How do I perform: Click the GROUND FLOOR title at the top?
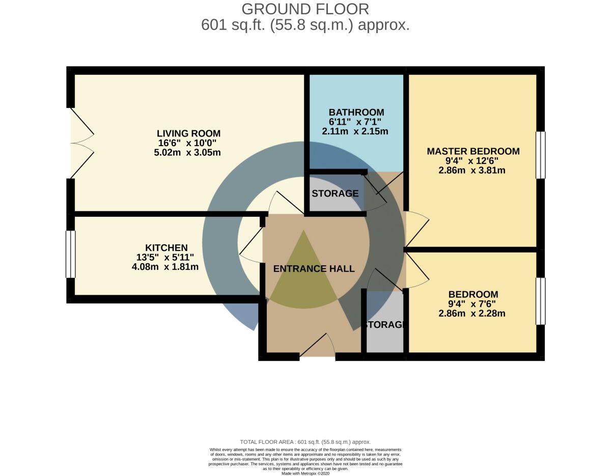pyautogui.click(x=305, y=9)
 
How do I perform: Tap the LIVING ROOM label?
pyautogui.click(x=188, y=133)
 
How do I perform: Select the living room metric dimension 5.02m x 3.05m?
pyautogui.click(x=187, y=153)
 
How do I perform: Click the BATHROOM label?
pyautogui.click(x=356, y=113)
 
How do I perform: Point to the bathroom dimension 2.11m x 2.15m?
pyautogui.click(x=355, y=131)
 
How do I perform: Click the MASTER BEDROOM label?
pyautogui.click(x=473, y=151)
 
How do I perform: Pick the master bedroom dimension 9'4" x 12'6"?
pyautogui.click(x=472, y=161)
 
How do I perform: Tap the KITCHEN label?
pyautogui.click(x=166, y=248)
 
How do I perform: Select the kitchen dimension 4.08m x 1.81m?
pyautogui.click(x=165, y=267)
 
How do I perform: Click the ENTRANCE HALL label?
pyautogui.click(x=314, y=269)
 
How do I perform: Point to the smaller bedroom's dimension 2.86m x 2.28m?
pyautogui.click(x=472, y=313)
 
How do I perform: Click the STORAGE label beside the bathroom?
pyautogui.click(x=335, y=193)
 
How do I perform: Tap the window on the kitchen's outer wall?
pyautogui.click(x=71, y=254)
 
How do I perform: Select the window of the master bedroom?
pyautogui.click(x=540, y=155)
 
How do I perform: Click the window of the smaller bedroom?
pyautogui.click(x=540, y=301)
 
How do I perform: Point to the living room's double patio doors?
pyautogui.click(x=81, y=143)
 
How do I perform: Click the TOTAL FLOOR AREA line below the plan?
pyautogui.click(x=305, y=442)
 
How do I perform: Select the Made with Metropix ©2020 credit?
pyautogui.click(x=305, y=473)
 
